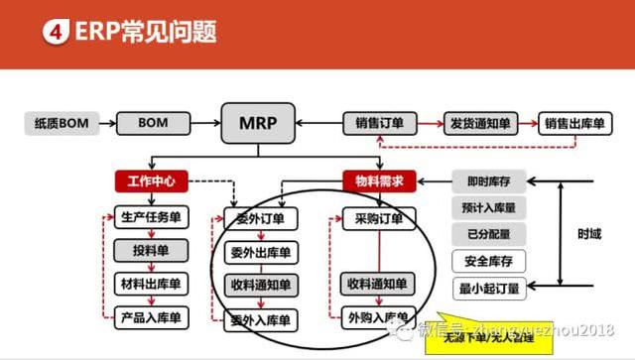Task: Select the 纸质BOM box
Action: point(61,124)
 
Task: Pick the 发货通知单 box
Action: point(479,124)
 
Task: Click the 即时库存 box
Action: point(487,181)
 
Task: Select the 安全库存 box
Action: point(487,263)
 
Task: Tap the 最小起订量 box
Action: point(487,290)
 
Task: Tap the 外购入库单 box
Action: point(377,318)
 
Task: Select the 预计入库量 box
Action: point(487,208)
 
